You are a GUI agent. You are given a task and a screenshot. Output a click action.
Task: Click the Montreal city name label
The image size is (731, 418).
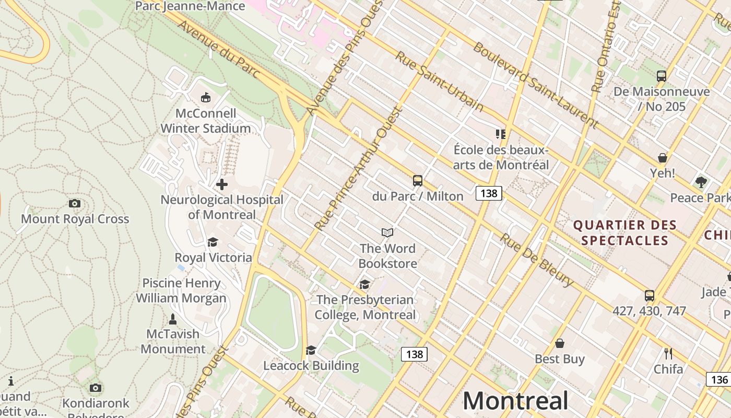tap(515, 401)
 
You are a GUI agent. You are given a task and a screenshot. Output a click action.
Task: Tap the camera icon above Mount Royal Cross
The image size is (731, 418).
tap(75, 203)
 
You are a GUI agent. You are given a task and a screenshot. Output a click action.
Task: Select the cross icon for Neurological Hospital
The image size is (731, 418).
tap(222, 184)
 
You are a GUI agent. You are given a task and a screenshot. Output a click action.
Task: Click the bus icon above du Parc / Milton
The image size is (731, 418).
tap(418, 181)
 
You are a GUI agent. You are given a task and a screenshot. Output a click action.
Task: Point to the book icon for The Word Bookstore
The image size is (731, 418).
tap(387, 233)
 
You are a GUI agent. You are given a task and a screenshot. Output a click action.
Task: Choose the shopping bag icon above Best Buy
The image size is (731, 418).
tap(560, 343)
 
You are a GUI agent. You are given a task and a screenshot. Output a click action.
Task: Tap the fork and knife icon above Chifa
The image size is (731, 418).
tap(668, 353)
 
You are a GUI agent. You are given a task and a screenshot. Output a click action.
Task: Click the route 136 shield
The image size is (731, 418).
tap(718, 379)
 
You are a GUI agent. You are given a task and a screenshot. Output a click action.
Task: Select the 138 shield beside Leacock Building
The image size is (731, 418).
tap(414, 354)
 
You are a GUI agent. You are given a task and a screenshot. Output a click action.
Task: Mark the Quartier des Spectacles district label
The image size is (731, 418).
tap(625, 233)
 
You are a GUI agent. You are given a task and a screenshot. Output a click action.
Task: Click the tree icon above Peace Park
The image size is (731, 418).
tap(701, 182)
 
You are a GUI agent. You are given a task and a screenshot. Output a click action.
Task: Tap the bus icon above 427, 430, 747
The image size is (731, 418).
tap(650, 296)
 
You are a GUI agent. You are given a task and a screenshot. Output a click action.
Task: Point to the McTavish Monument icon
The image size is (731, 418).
tap(173, 319)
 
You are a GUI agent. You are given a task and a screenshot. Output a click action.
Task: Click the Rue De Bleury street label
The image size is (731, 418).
tap(536, 260)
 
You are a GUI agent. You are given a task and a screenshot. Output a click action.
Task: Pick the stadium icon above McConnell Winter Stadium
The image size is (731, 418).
tap(206, 97)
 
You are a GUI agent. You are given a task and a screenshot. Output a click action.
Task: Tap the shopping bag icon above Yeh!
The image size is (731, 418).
tap(662, 158)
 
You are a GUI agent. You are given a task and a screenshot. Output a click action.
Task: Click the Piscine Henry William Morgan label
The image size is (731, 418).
tap(181, 291)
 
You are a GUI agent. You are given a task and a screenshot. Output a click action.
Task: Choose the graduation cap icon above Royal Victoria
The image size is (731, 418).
tap(213, 242)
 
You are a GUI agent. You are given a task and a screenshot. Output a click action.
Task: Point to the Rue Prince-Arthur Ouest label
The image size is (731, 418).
tap(360, 169)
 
